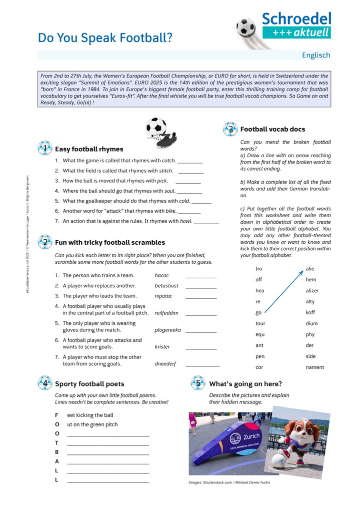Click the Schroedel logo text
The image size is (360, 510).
(x=296, y=19)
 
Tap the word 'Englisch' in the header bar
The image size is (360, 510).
(x=315, y=55)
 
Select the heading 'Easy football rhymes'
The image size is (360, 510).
(x=89, y=149)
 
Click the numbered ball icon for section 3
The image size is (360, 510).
(x=230, y=129)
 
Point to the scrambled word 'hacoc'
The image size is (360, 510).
(x=161, y=275)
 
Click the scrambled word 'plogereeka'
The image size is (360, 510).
(x=167, y=330)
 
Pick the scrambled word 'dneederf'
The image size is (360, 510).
(x=165, y=364)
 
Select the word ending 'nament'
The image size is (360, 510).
(x=315, y=367)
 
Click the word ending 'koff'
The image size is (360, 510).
(x=310, y=312)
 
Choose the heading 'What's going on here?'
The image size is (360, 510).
(x=245, y=384)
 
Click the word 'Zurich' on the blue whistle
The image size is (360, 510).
(x=251, y=436)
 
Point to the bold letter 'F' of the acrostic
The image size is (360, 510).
(x=56, y=415)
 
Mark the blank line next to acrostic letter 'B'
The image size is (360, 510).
(x=108, y=454)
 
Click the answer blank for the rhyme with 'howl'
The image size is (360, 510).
(x=206, y=222)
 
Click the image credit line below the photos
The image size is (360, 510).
(x=229, y=482)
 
